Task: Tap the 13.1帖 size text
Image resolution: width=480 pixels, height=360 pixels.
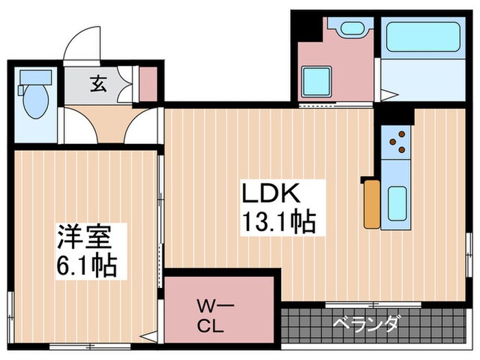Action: [276, 222]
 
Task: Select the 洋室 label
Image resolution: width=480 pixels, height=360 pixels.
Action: [82, 237]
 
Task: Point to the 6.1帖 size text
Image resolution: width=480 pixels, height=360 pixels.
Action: [86, 264]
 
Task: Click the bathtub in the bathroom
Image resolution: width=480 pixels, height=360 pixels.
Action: [422, 37]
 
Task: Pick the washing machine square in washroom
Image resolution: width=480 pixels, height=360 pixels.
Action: [317, 81]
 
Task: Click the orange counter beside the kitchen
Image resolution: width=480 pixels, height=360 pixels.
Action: [372, 203]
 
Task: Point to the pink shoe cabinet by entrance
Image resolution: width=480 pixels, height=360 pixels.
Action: [148, 82]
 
